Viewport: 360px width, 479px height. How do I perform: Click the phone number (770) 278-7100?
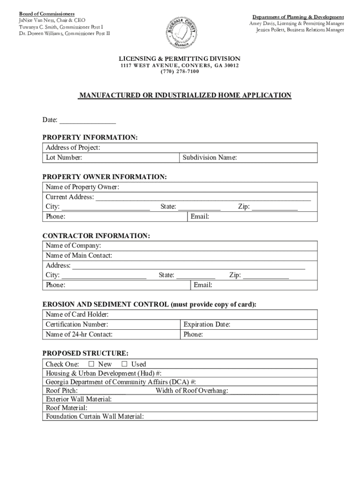pyautogui.click(x=180, y=72)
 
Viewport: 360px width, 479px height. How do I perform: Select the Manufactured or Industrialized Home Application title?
pyautogui.click(x=185, y=95)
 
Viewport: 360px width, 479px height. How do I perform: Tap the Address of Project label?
pyautogui.click(x=73, y=148)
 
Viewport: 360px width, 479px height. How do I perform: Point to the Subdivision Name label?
pyautogui.click(x=209, y=158)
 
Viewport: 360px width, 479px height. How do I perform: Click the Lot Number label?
pyautogui.click(x=64, y=158)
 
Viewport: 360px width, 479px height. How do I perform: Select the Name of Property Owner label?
pyautogui.click(x=82, y=187)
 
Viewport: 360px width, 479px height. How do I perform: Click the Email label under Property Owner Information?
pyautogui.click(x=200, y=217)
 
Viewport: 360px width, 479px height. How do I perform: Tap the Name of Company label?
pyautogui.click(x=73, y=246)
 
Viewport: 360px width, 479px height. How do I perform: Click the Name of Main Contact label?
pyautogui.click(x=79, y=256)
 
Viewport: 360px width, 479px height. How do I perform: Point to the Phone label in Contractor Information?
pyautogui.click(x=55, y=285)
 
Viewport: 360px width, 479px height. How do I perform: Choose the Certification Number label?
pyautogui.click(x=77, y=324)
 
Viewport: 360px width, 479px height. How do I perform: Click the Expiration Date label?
pyautogui.click(x=207, y=324)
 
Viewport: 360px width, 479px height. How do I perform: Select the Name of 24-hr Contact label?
pyautogui.click(x=79, y=334)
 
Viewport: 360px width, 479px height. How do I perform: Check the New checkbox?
pyautogui.click(x=92, y=364)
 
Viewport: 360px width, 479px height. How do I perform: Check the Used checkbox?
pyautogui.click(x=125, y=364)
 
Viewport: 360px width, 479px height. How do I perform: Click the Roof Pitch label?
pyautogui.click(x=62, y=391)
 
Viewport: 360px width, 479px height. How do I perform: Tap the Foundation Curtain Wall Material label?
pyautogui.click(x=94, y=416)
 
